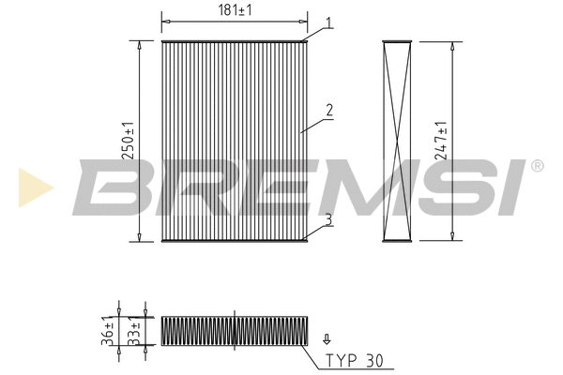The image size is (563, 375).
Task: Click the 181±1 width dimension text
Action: (x=235, y=10)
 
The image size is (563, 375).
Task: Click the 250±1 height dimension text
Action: (x=129, y=141)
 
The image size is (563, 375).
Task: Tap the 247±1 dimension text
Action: (x=441, y=141)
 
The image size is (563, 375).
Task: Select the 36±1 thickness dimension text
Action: (x=107, y=331)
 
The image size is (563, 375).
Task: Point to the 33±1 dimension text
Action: (x=133, y=331)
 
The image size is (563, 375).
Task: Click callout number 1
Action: (x=328, y=22)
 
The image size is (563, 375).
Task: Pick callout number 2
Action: (x=329, y=111)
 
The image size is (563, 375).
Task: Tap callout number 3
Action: (x=328, y=219)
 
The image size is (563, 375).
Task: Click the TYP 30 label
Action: (x=355, y=360)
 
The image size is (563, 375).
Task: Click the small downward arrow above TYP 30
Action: (x=327, y=339)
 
